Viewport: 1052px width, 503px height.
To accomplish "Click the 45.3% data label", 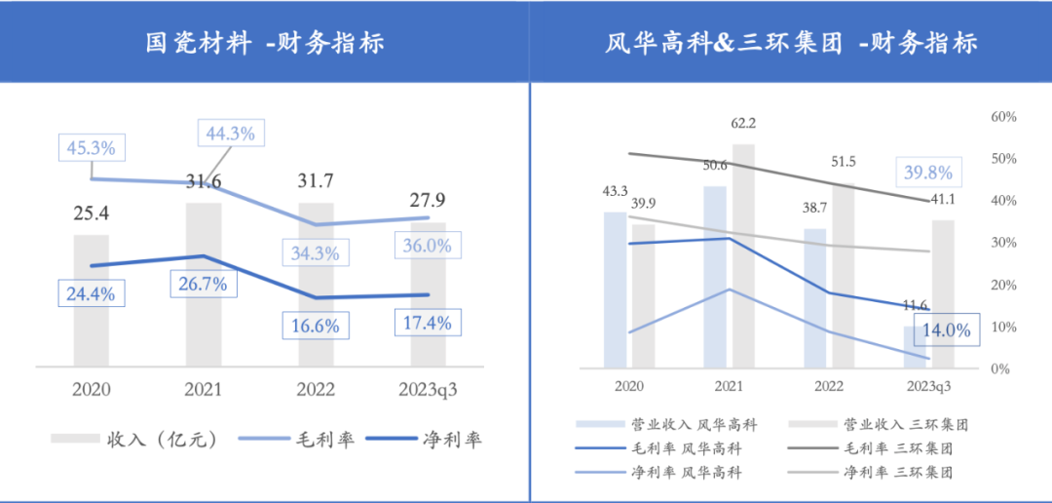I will pos(91,148).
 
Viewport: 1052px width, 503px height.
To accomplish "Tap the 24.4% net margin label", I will pos(91,292).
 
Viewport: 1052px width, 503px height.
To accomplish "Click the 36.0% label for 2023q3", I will pos(427,247).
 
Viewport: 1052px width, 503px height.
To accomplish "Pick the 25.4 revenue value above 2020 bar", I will pos(91,212).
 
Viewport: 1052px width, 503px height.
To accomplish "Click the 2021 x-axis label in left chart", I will pos(204,390).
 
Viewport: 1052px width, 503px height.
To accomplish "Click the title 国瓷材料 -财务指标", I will pos(264,43).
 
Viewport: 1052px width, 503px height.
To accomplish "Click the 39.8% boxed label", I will pos(928,173).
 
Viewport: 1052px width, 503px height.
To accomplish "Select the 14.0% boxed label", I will pos(945,330).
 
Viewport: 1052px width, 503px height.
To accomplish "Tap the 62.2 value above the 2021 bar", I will pos(743,124).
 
